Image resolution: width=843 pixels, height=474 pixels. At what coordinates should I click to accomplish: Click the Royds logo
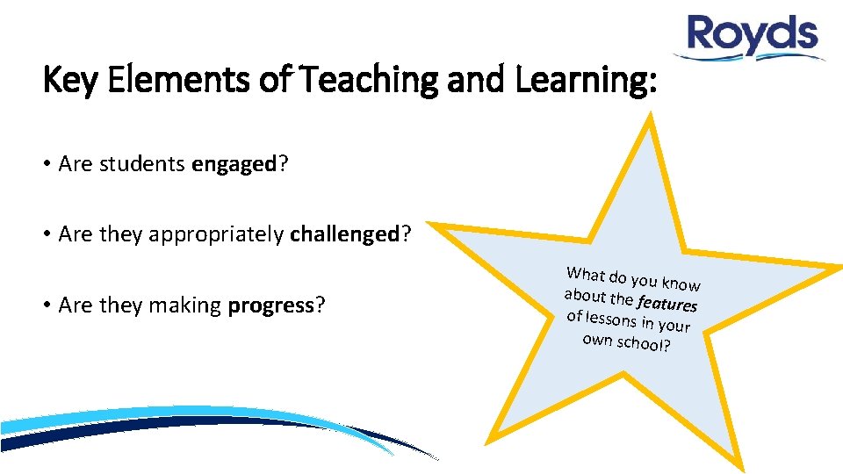click(753, 38)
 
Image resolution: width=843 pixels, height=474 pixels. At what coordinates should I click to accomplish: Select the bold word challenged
click(344, 234)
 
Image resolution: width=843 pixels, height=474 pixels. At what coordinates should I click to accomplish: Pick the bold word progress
click(271, 305)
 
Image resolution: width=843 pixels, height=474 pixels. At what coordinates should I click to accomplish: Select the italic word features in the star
click(667, 302)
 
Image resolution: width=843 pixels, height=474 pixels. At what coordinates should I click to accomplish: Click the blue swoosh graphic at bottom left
click(176, 426)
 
